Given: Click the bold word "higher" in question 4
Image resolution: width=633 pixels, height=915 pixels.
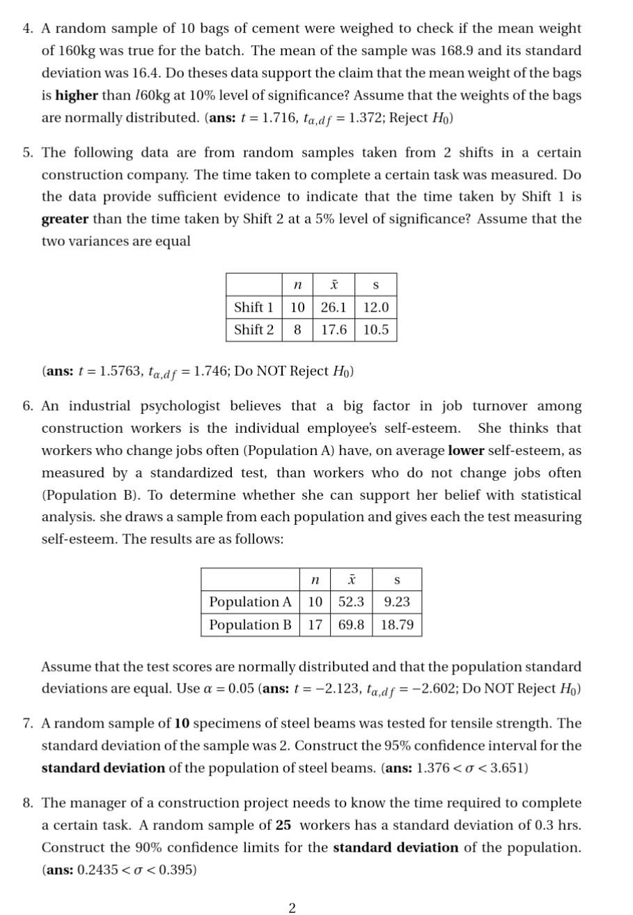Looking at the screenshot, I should point(77,95).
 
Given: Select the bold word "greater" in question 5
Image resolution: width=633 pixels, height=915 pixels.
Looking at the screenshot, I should point(65,219).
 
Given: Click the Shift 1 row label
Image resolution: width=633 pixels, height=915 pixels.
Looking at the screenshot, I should point(253,307).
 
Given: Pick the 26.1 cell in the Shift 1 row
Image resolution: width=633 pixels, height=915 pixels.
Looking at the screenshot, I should point(334,307).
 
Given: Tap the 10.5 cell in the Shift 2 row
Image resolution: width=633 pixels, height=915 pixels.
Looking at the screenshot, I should point(376,330).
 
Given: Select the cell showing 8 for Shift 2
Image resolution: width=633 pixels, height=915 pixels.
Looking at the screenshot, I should point(297,330).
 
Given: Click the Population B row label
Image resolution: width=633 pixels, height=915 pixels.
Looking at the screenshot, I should point(250,624).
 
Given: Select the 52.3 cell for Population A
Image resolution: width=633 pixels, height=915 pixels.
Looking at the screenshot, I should point(351,601).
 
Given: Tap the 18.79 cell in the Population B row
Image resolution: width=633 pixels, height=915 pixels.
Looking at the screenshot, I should point(397,624).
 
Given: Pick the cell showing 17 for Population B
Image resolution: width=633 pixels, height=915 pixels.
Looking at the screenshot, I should point(315,624).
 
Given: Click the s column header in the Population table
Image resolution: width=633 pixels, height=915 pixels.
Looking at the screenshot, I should point(397,579).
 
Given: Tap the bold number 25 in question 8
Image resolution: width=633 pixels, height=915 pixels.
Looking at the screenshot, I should point(283,825).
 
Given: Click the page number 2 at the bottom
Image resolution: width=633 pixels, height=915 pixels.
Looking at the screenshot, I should point(292,907).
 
